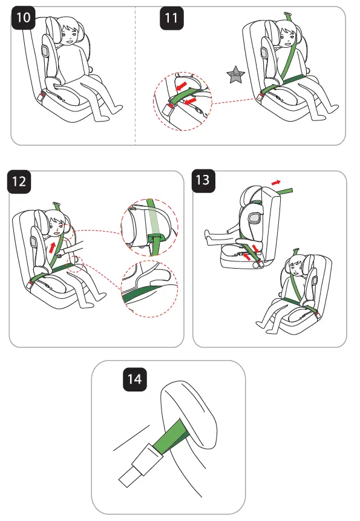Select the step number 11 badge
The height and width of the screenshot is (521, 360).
[172, 18]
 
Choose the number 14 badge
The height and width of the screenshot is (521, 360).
[134, 379]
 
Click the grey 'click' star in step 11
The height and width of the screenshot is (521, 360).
[233, 75]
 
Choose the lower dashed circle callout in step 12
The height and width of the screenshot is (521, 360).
[148, 289]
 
